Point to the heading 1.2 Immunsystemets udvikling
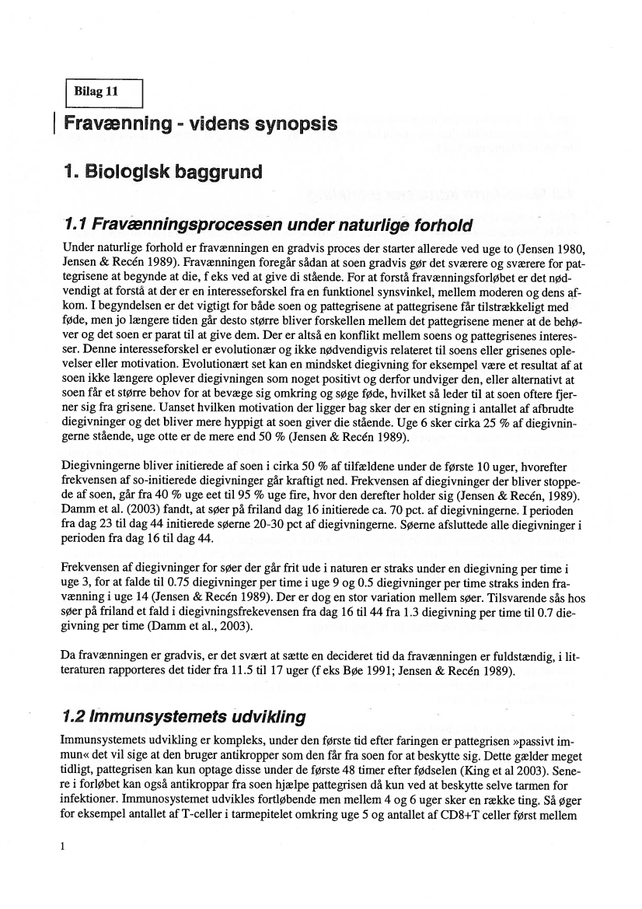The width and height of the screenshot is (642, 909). coord(183,716)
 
